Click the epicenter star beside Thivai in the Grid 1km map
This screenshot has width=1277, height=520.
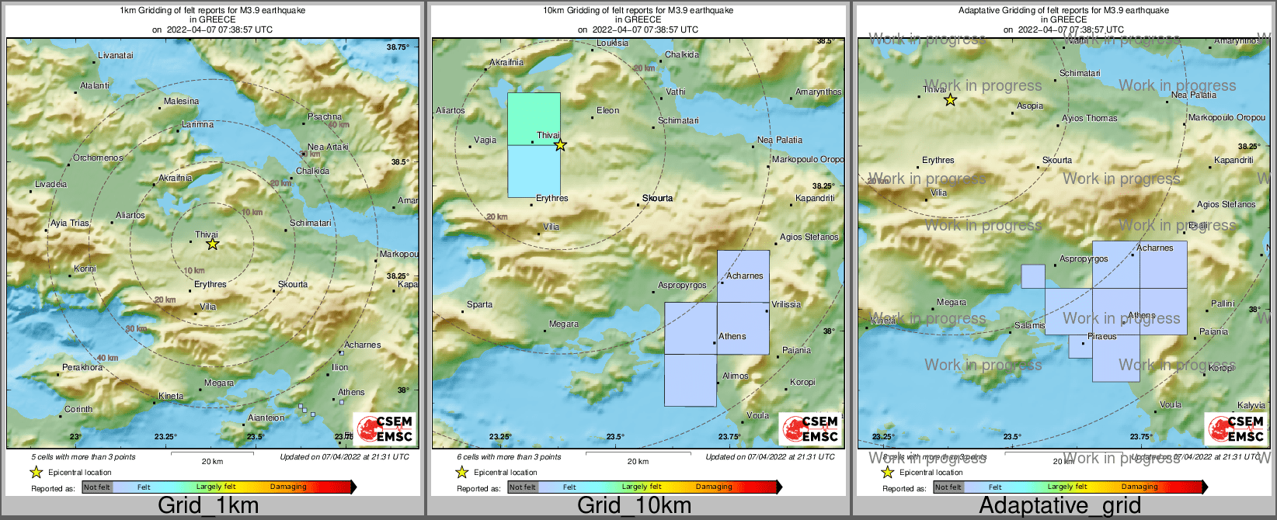(212, 244)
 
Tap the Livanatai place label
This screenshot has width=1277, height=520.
(116, 55)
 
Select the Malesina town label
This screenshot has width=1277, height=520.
(181, 101)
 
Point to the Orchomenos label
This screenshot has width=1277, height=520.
(98, 158)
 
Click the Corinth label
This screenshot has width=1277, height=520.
(78, 409)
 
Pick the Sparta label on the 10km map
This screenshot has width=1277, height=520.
(479, 304)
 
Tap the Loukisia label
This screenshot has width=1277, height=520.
(612, 43)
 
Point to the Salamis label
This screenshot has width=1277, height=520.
(1030, 325)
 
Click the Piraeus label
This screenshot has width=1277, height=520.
(1101, 336)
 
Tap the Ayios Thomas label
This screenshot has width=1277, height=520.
(1090, 118)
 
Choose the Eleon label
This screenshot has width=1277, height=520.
(607, 110)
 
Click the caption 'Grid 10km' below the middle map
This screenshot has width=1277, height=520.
(634, 505)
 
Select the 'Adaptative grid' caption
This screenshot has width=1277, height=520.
(1060, 505)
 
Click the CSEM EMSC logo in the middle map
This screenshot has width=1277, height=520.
(810, 428)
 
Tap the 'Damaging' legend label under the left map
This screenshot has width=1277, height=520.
(288, 487)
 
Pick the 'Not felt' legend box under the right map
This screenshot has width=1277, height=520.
(948, 487)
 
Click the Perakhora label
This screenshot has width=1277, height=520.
(82, 367)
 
